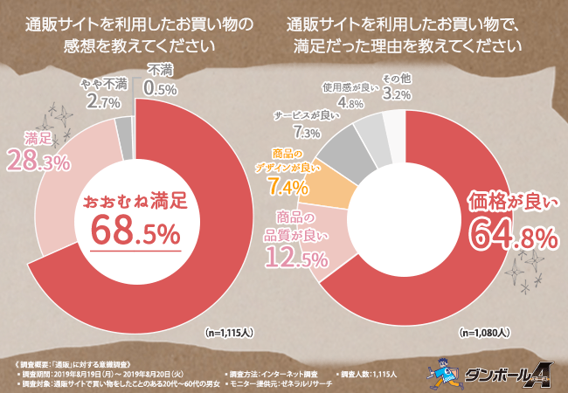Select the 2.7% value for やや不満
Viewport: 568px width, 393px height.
pyautogui.click(x=105, y=102)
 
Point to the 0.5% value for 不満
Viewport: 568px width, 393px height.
pyautogui.click(x=160, y=88)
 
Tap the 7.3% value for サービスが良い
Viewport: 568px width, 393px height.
pyautogui.click(x=307, y=133)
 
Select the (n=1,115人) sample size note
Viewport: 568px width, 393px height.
pyautogui.click(x=228, y=333)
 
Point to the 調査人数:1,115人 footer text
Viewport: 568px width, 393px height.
pyautogui.click(x=368, y=374)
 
